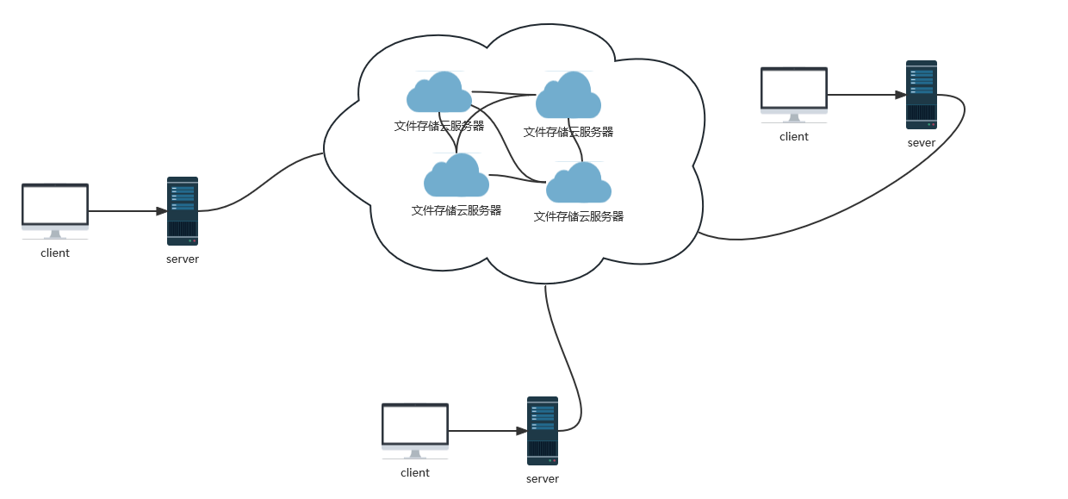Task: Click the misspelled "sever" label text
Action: pos(921,143)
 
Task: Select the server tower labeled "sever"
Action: pos(921,94)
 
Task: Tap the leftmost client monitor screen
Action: pos(55,205)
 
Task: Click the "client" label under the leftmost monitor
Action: pos(55,253)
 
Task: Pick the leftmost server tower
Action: pos(183,211)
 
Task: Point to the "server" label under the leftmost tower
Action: pos(183,259)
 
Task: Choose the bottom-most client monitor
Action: pos(415,426)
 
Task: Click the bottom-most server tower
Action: pos(543,431)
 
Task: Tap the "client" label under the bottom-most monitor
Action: pos(415,473)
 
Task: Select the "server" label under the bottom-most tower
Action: pos(543,479)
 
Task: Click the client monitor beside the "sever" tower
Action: pos(794,89)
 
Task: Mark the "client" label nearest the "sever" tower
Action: pos(794,137)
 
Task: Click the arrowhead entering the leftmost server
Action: pos(161,211)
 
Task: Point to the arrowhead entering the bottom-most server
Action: pos(521,431)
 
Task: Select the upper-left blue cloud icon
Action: pos(439,92)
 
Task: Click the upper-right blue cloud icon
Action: pos(568,96)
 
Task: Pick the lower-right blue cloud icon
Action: pos(579,183)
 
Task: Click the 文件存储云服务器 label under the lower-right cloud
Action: pos(579,217)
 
